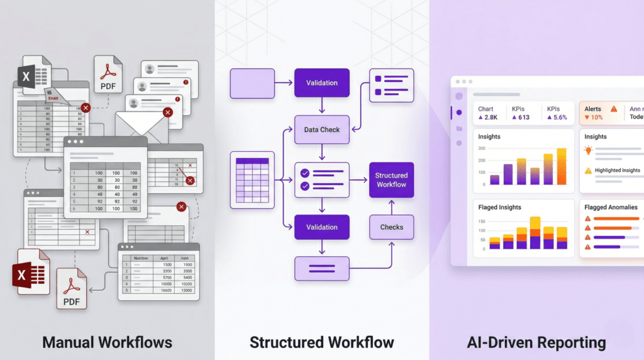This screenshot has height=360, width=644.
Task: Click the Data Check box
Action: click(321, 130)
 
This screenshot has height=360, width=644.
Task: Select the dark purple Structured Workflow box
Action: click(391, 180)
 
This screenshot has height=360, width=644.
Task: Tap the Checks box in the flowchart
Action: click(391, 227)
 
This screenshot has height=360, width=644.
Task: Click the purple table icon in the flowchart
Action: click(252, 180)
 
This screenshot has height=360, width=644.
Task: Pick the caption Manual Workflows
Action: click(107, 342)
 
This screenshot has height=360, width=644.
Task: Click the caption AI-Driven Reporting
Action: click(536, 342)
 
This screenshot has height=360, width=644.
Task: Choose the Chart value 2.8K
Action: click(488, 118)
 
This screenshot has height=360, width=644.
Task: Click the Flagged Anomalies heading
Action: click(611, 207)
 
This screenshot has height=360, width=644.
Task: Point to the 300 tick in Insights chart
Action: click(482, 149)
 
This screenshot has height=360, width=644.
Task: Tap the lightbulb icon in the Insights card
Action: click(589, 150)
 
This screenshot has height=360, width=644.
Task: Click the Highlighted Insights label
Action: click(617, 171)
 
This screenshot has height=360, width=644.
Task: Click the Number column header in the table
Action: click(141, 258)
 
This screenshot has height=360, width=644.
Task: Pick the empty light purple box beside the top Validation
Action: click(252, 84)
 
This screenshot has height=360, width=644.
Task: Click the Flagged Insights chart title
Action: click(500, 207)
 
